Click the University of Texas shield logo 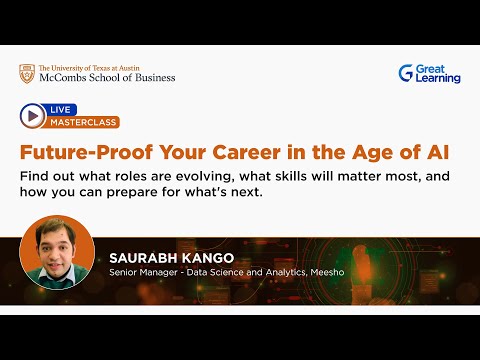26,73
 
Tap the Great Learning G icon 406,73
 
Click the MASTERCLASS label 82,122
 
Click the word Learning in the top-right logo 438,79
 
